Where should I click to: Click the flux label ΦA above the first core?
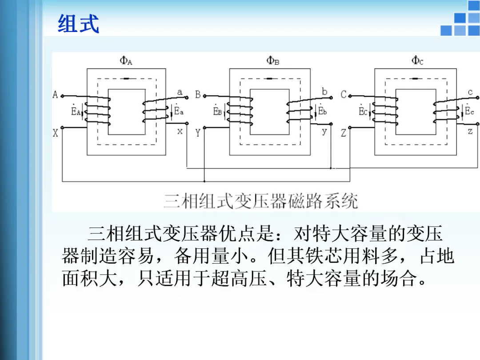pyautogui.click(x=126, y=60)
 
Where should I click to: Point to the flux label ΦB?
pyautogui.click(x=272, y=60)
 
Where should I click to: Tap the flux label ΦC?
pyautogui.click(x=417, y=60)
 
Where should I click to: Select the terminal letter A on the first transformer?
pyautogui.click(x=56, y=95)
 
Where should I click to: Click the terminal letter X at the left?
pyautogui.click(x=56, y=133)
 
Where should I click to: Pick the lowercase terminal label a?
pyautogui.click(x=180, y=92)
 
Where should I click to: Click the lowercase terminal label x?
pyautogui.click(x=180, y=132)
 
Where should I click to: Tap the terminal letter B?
pyautogui.click(x=198, y=95)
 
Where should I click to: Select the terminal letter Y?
pyautogui.click(x=198, y=133)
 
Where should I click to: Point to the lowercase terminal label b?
pyautogui.click(x=324, y=92)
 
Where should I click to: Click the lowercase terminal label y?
pyautogui.click(x=324, y=132)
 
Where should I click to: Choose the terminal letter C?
pyautogui.click(x=343, y=95)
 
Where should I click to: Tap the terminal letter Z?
pyautogui.click(x=343, y=133)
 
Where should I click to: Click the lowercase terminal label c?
pyautogui.click(x=470, y=92)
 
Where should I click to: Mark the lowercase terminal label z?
pyautogui.click(x=470, y=132)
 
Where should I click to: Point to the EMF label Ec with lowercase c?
pyautogui.click(x=469, y=111)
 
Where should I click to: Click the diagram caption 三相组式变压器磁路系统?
pyautogui.click(x=261, y=201)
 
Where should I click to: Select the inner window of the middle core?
pyautogui.click(x=270, y=112)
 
